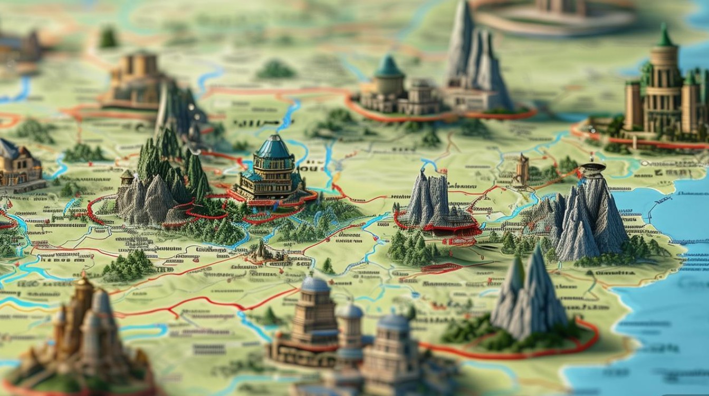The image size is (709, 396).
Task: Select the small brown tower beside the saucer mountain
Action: click(x=522, y=169)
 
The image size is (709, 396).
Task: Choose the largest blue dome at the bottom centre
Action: click(x=315, y=285)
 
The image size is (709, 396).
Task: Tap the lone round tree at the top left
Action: click(x=108, y=38)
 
